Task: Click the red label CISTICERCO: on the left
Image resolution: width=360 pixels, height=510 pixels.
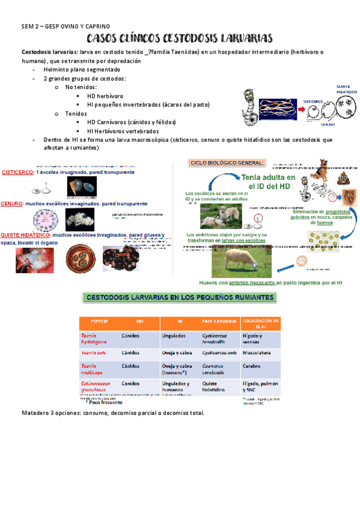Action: tap(17, 172)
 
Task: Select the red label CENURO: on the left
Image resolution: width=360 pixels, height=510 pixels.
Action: tap(12, 203)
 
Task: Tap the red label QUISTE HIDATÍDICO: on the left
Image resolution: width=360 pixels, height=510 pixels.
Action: tap(25, 235)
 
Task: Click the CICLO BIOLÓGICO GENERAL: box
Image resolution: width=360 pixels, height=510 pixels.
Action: tap(227, 162)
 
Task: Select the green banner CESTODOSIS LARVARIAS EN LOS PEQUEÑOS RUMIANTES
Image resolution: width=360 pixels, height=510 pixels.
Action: tap(180, 297)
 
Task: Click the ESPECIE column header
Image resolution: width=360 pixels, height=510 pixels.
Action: tap(99, 322)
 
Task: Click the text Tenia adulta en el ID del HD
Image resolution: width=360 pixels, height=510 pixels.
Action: tap(270, 182)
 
